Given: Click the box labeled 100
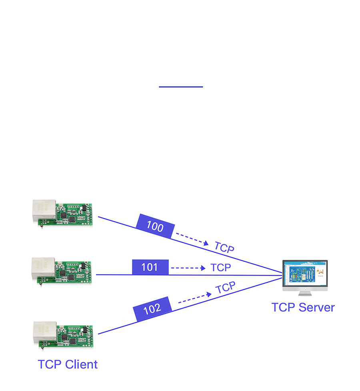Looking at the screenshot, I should (155, 227).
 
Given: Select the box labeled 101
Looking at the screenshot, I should (150, 267).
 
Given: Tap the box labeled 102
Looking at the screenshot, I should (152, 309).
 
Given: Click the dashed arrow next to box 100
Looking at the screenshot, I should (192, 239).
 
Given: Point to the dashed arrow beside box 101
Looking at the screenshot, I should (188, 268).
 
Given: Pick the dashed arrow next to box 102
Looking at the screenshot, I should (194, 298).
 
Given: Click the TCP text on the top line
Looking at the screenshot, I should (224, 247).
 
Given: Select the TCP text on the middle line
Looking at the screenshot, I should (221, 267).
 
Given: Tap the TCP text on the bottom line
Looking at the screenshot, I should (226, 288).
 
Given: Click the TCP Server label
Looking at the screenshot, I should (303, 307).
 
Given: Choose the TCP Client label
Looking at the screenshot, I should (68, 365).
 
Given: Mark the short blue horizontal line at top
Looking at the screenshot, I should (181, 86).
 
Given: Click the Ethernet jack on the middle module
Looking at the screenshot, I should (42, 267).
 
